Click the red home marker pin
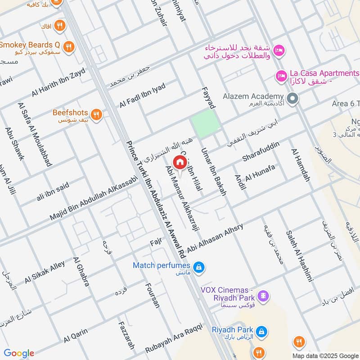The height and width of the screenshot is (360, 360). coord(180,162)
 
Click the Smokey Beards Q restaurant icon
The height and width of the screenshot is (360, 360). coord(68,46)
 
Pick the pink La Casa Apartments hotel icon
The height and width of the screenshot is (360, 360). coord(281,76)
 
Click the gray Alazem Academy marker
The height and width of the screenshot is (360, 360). coord(292,97)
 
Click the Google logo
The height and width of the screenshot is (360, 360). coord(19,353)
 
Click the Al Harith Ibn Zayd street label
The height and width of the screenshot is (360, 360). coord(58,83)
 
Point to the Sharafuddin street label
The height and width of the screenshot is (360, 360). coord(261,152)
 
